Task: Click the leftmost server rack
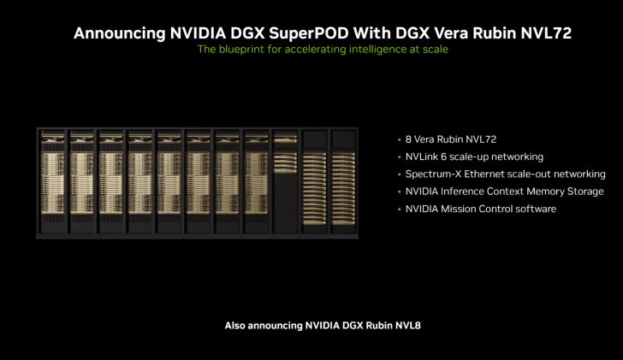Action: [x=51, y=182]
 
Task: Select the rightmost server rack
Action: [x=343, y=182]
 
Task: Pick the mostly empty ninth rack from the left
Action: [x=285, y=182]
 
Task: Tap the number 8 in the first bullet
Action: [x=408, y=139]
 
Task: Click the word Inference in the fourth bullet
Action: [x=467, y=192]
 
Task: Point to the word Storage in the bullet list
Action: [x=584, y=192]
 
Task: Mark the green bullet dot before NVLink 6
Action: [x=398, y=157]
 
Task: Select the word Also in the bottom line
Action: [x=236, y=326]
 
